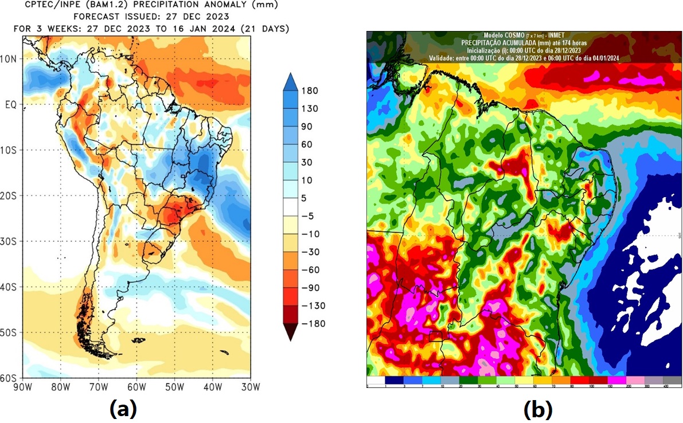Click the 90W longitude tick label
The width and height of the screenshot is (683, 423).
click(23, 387)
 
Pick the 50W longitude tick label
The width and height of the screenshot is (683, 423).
click(174, 387)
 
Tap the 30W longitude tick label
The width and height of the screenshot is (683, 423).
click(250, 387)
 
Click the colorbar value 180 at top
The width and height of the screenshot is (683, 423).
click(310, 91)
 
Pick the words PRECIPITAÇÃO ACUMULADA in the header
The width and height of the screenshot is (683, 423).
click(500, 43)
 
